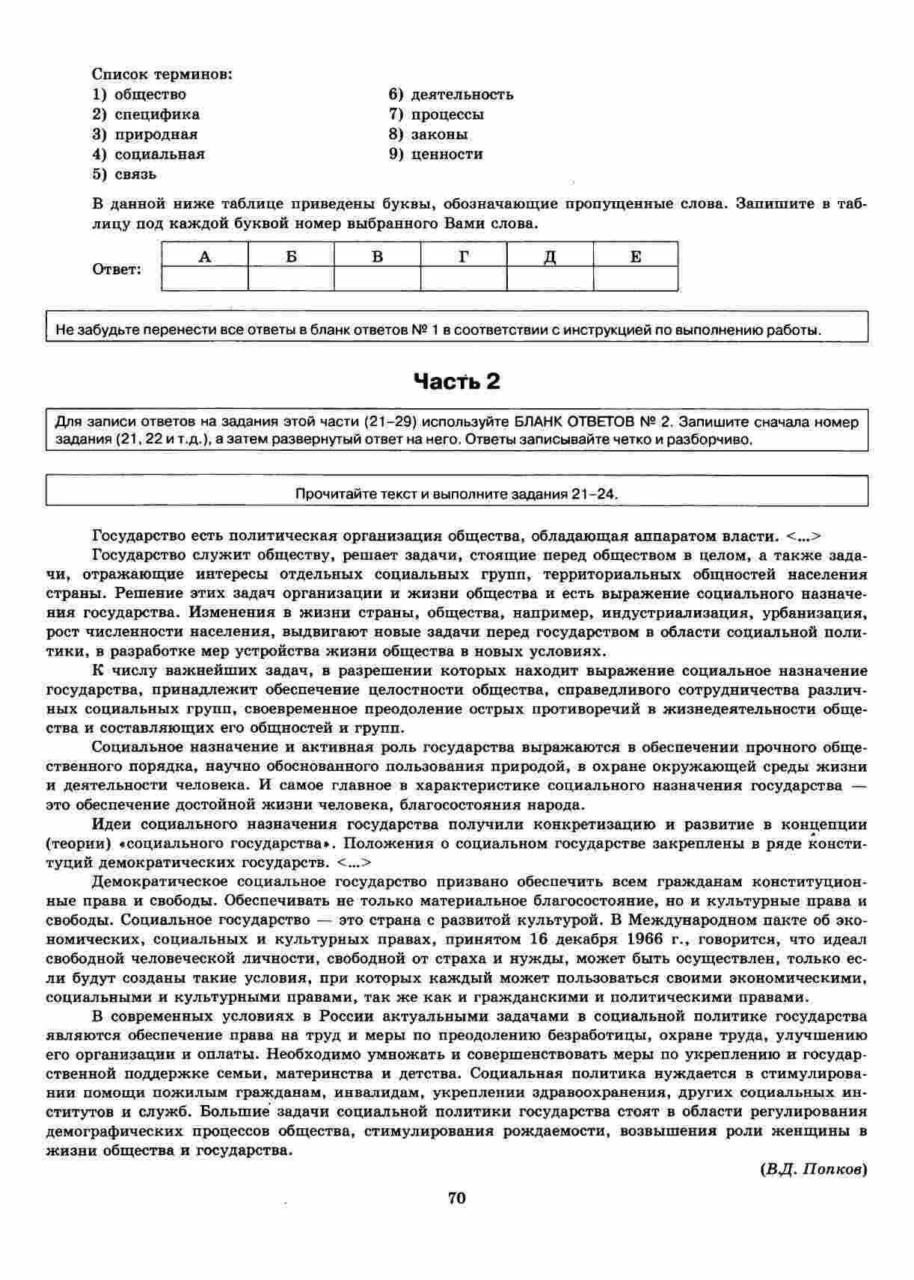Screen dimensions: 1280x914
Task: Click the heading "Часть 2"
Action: pyautogui.click(x=456, y=382)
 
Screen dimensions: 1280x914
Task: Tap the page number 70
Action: pyautogui.click(x=456, y=1199)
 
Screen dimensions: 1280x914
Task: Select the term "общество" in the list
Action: pyautogui.click(x=150, y=94)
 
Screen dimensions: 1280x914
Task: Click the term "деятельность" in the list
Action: pyautogui.click(x=461, y=94)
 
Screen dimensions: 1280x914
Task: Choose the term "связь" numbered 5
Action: pyautogui.click(x=135, y=174)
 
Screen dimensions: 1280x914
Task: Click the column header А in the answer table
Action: pyautogui.click(x=204, y=256)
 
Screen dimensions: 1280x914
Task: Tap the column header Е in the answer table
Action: pyautogui.click(x=636, y=256)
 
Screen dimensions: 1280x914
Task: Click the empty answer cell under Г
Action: pyautogui.click(x=464, y=279)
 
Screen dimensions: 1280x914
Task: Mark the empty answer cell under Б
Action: pyautogui.click(x=291, y=279)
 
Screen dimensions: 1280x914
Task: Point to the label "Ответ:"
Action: pyautogui.click(x=117, y=269)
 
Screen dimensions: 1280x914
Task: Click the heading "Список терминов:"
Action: pyautogui.click(x=162, y=74)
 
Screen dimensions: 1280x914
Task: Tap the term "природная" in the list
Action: pyautogui.click(x=156, y=135)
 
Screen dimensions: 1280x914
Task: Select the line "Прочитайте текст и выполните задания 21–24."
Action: pyautogui.click(x=457, y=493)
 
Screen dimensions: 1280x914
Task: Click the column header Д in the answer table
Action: pyautogui.click(x=550, y=256)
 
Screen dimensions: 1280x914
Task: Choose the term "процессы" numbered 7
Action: pyautogui.click(x=447, y=114)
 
